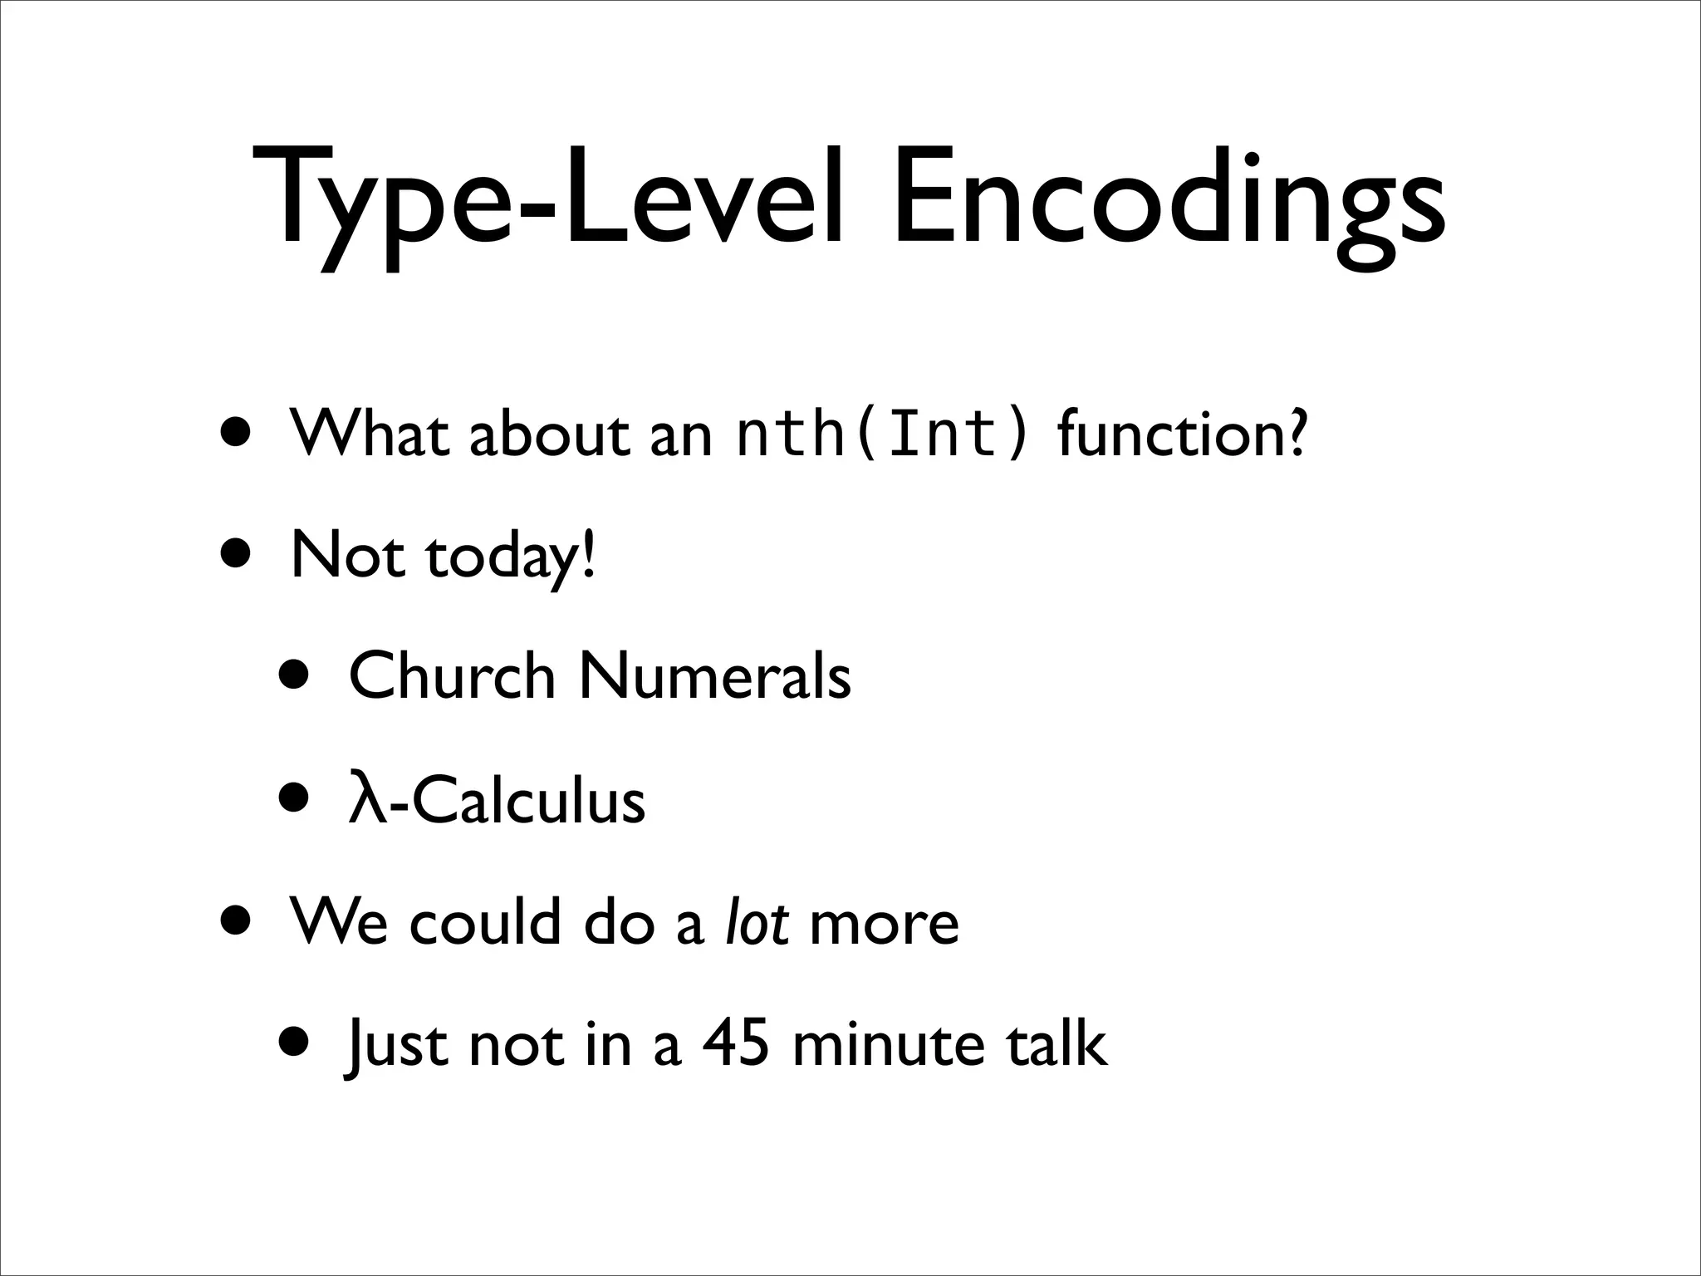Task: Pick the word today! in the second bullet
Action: [x=511, y=557]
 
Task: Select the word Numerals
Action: [x=715, y=676]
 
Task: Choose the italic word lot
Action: [x=757, y=922]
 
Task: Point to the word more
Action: [x=884, y=922]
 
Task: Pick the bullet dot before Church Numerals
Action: [x=297, y=676]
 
